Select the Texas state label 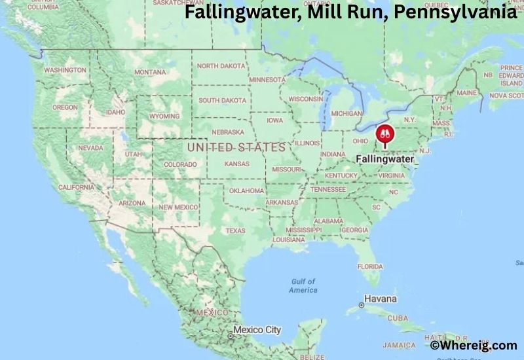click(x=235, y=230)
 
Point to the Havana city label click(x=381, y=299)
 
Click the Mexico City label click(x=257, y=329)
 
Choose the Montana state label click(x=150, y=72)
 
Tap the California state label click(x=76, y=187)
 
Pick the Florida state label click(x=370, y=266)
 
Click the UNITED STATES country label click(x=236, y=147)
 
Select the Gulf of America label click(x=303, y=285)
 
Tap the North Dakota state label click(x=221, y=66)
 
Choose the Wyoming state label click(x=163, y=117)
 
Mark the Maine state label click(x=467, y=93)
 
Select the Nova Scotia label click(x=506, y=96)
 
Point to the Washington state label click(x=65, y=70)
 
